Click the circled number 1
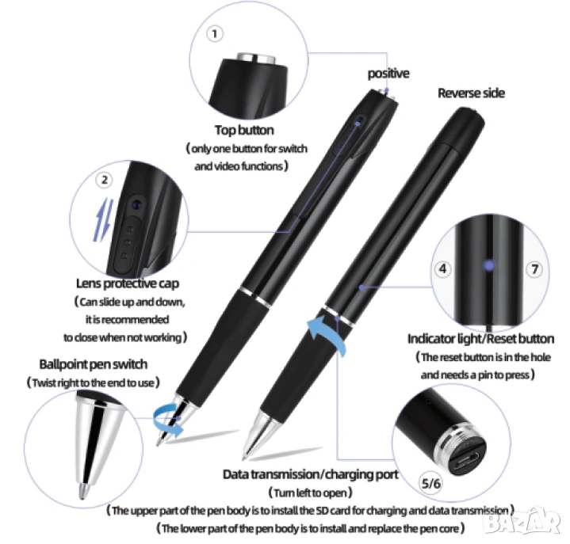pyautogui.click(x=215, y=34)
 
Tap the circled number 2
pyautogui.click(x=105, y=180)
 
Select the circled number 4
pyautogui.click(x=443, y=269)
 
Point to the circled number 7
pyautogui.click(x=534, y=269)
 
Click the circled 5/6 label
pyautogui.click(x=430, y=483)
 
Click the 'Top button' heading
pyautogui.click(x=244, y=131)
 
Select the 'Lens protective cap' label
pyautogui.click(x=128, y=283)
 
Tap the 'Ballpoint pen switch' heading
pyautogui.click(x=93, y=364)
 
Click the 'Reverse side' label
pyautogui.click(x=471, y=93)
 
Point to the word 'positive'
pyautogui.click(x=388, y=74)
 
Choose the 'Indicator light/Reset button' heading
pyautogui.click(x=480, y=339)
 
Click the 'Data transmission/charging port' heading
pyautogui.click(x=311, y=474)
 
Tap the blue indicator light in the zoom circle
pyautogui.click(x=489, y=265)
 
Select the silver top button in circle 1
pyautogui.click(x=256, y=59)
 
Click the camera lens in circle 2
pyautogui.click(x=136, y=205)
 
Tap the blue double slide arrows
pyautogui.click(x=104, y=219)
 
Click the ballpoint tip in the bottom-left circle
pyautogui.click(x=84, y=490)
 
